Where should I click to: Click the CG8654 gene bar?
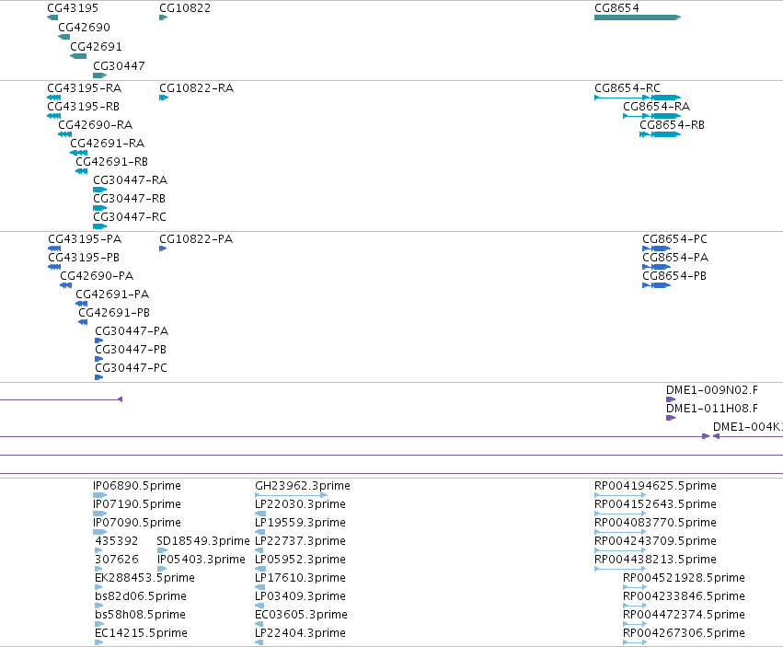[638, 17]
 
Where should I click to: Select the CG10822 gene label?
[185, 8]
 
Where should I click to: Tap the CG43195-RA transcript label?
[85, 88]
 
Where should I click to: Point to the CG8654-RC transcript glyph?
[638, 98]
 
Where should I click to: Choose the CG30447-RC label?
[130, 217]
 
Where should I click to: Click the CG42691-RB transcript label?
[112, 161]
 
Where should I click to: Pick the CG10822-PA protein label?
[196, 238]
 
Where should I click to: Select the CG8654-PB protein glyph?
[656, 285]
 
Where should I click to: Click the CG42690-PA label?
[97, 276]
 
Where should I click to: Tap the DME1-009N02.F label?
[711, 389]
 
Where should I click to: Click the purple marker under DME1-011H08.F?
[671, 418]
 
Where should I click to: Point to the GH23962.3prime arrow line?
[291, 495]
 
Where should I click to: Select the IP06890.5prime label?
[137, 486]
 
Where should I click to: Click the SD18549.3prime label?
[202, 540]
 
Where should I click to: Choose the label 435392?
[116, 540]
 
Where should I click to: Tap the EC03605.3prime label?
[301, 614]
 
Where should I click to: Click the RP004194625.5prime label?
[655, 486]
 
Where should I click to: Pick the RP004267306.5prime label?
[684, 632]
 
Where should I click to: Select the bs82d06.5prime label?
[141, 595]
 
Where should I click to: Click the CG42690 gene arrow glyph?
[63, 37]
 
